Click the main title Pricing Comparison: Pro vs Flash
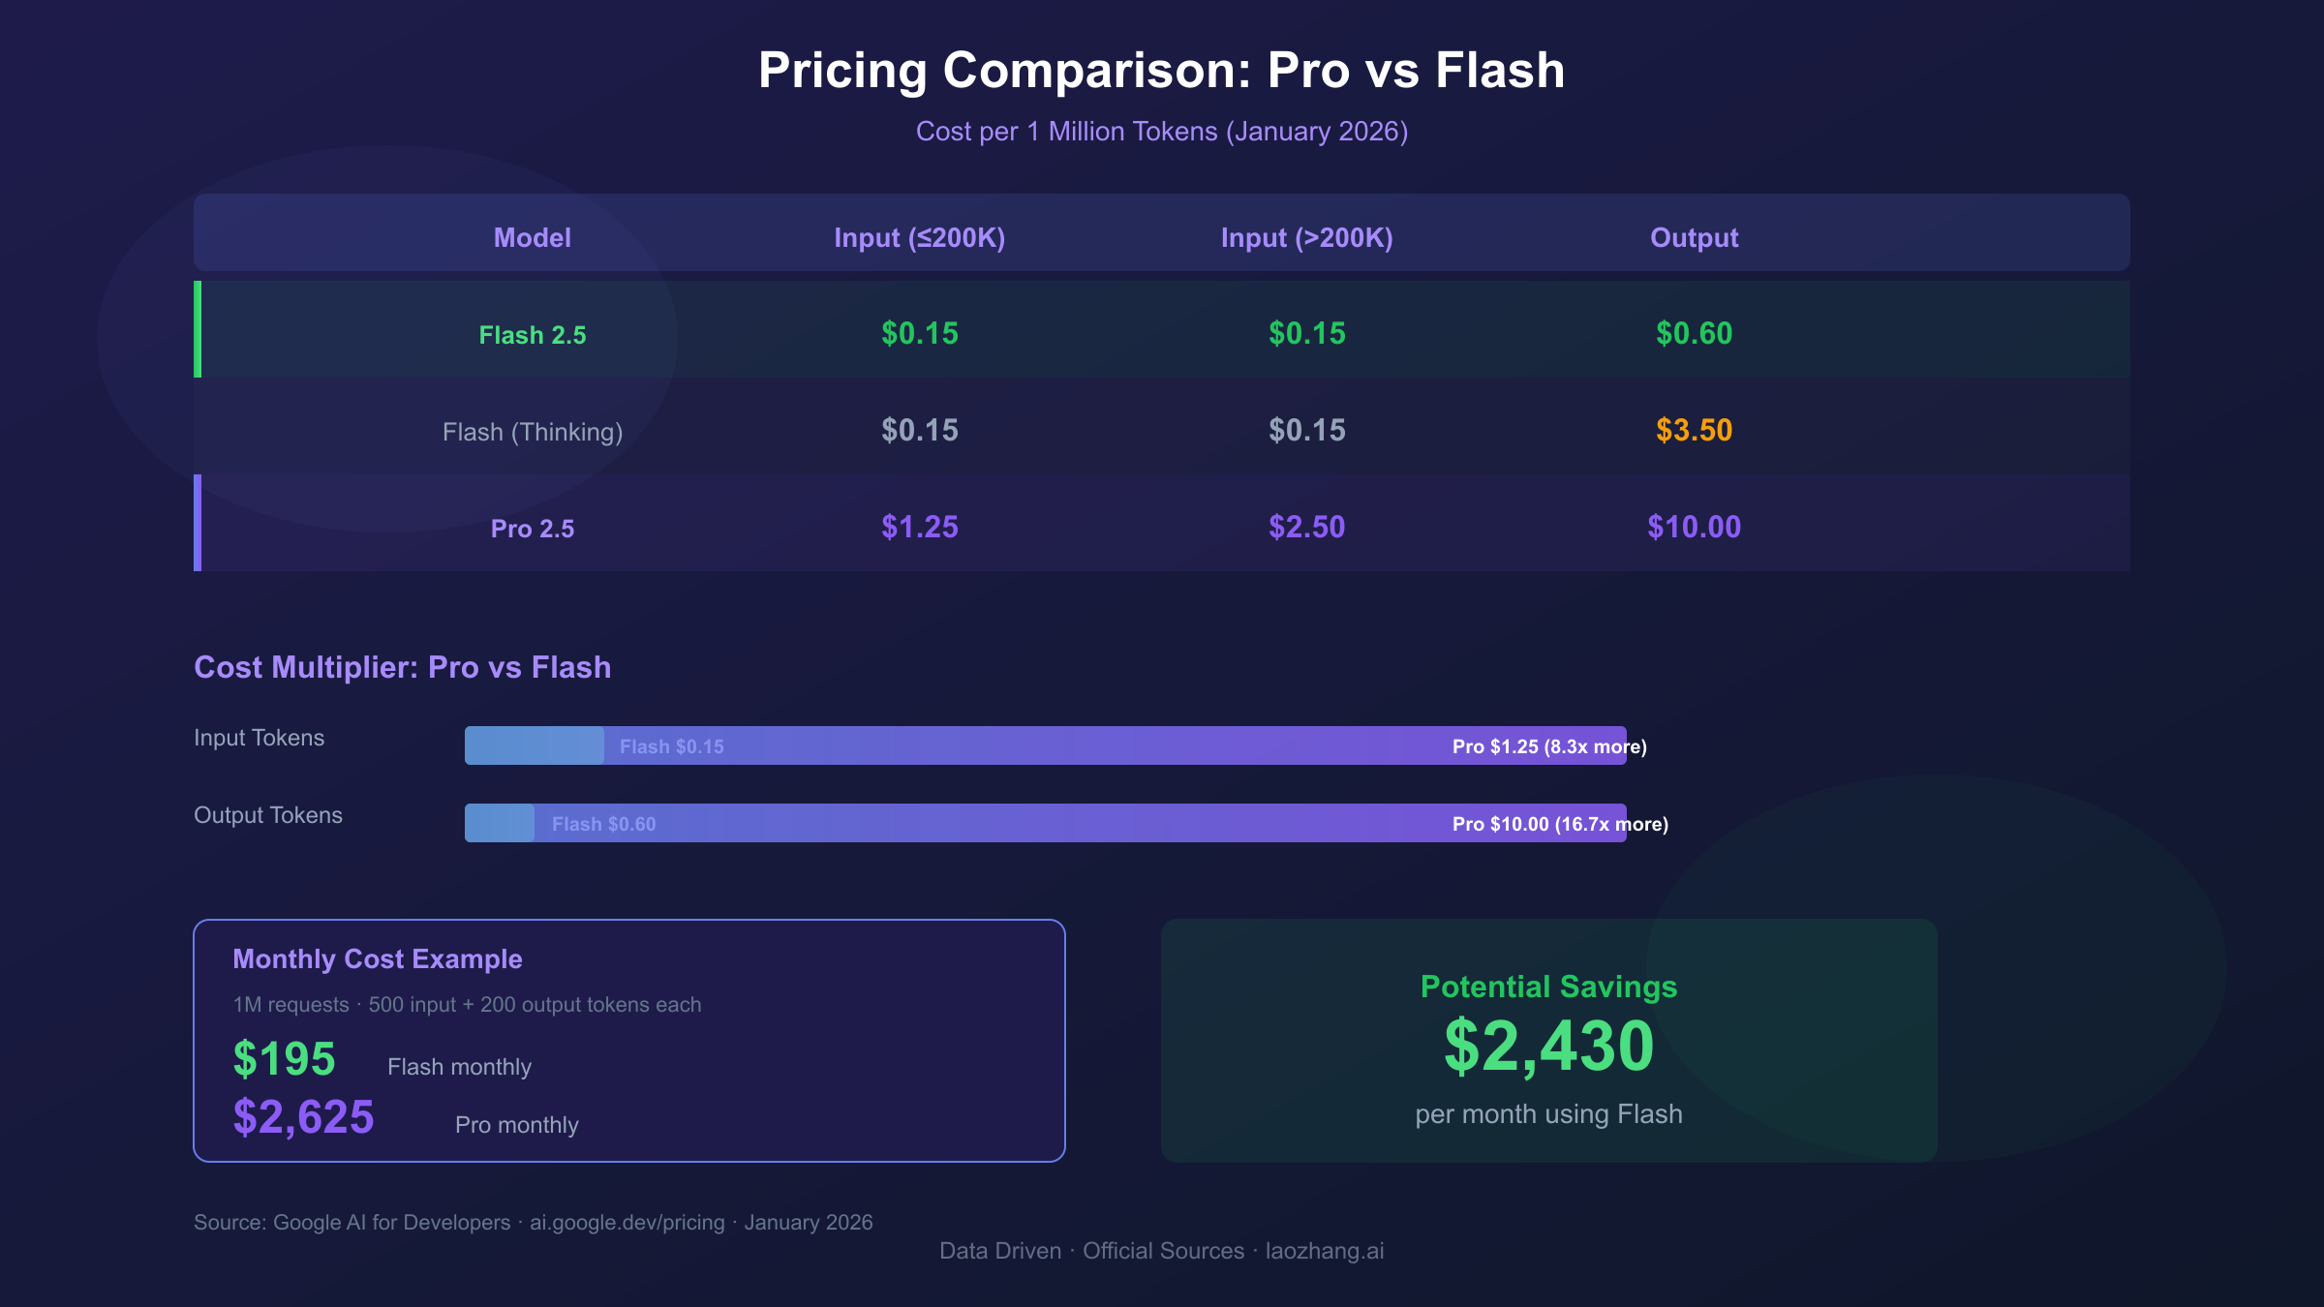(1161, 71)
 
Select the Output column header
(1694, 237)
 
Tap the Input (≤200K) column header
(919, 237)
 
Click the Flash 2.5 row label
(532, 335)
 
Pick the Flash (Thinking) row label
(532, 432)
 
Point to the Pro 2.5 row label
(532, 529)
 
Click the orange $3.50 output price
(1694, 430)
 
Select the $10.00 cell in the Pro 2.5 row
(1694, 527)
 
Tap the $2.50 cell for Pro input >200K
(1306, 527)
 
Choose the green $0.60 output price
(1694, 333)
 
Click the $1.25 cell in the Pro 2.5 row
(919, 527)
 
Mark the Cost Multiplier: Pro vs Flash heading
(402, 667)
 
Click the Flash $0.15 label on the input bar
(671, 746)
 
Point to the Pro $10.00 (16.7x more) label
(1559, 824)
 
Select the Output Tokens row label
(268, 815)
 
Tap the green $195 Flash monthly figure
(284, 1058)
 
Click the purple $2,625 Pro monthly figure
(303, 1116)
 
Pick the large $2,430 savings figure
(1548, 1047)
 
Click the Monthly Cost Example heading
(378, 958)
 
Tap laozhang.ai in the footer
(1324, 1251)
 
